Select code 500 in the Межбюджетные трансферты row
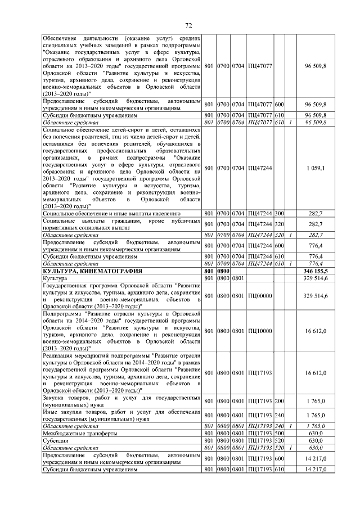click(x=279, y=434)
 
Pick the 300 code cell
click(x=279, y=214)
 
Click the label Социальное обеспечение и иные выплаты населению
click(x=111, y=214)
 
